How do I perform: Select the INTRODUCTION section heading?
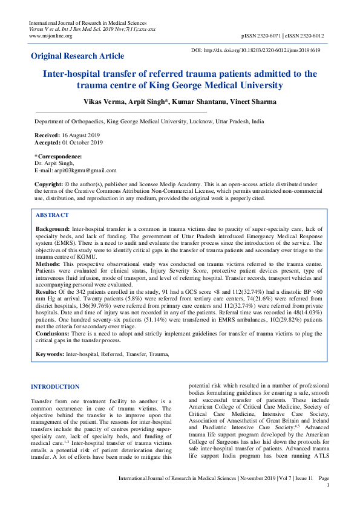pos(55,386)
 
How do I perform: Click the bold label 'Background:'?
pos(53,230)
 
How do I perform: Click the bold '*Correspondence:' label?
pos(59,157)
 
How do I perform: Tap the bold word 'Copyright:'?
pos(48,183)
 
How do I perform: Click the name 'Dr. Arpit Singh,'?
pos(54,163)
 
